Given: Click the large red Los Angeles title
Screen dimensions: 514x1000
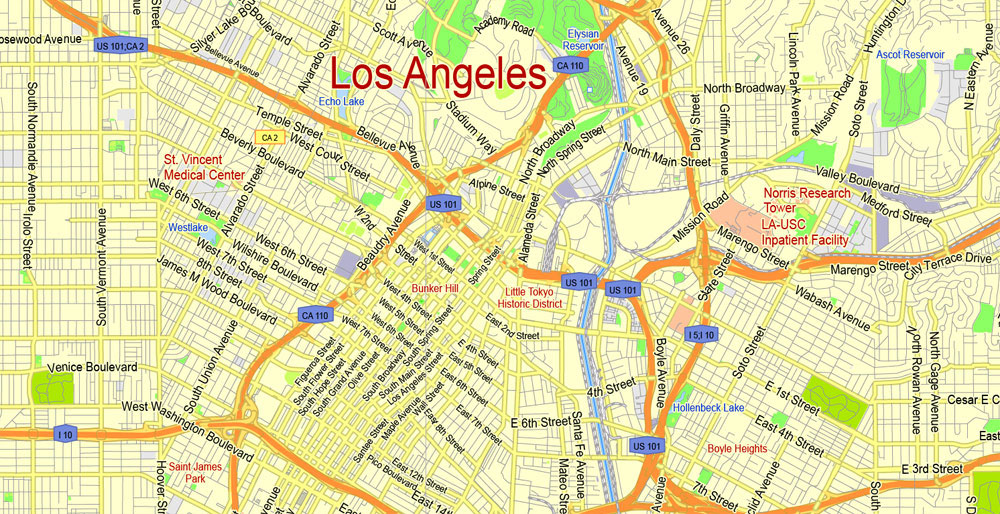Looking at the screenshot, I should point(438,76).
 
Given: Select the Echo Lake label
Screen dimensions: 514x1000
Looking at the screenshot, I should point(341,102).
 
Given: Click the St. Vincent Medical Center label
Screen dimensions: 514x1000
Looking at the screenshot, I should point(204,167).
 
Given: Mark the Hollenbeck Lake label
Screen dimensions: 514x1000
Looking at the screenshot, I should point(708,408).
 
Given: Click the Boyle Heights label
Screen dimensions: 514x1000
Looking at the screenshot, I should point(737,449).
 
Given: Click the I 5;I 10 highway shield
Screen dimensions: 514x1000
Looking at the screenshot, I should point(702,334).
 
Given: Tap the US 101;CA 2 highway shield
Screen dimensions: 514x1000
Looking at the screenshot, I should point(120,45).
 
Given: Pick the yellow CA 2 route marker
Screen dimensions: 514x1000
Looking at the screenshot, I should point(268,138).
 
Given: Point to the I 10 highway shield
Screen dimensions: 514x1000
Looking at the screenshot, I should point(65,434).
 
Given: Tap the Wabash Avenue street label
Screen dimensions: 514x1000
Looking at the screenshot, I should point(832,307).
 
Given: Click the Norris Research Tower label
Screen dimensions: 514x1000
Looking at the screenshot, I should point(807,200).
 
